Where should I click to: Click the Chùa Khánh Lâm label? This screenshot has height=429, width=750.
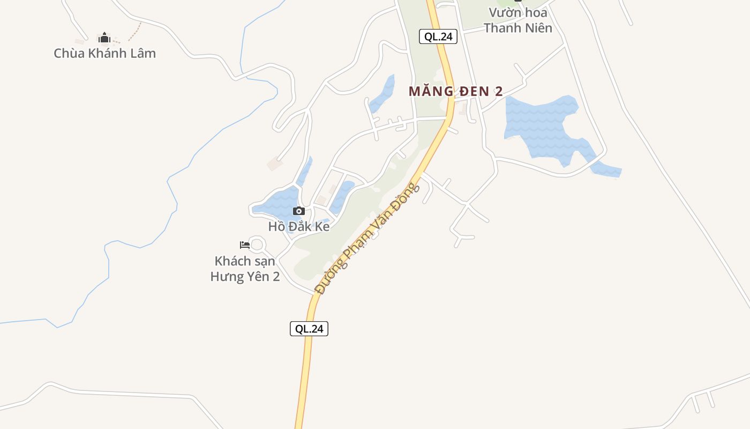[x=104, y=53]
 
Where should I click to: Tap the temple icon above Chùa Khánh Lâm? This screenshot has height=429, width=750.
[x=104, y=38]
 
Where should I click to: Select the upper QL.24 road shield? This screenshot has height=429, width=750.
[x=438, y=36]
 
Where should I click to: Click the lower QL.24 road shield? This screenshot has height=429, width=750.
[x=309, y=329]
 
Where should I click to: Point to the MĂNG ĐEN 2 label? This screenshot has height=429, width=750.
[x=455, y=91]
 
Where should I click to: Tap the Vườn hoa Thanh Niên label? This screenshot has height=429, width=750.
[x=517, y=20]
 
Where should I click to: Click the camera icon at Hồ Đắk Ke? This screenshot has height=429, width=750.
[x=299, y=211]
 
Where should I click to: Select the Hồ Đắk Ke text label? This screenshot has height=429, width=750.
[x=299, y=226]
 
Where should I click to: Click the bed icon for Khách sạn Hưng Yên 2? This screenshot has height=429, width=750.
[x=245, y=245]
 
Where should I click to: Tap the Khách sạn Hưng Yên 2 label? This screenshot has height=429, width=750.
[x=245, y=269]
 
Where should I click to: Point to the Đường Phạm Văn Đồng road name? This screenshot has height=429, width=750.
[x=366, y=239]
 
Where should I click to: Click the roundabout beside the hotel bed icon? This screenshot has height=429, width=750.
[x=258, y=245]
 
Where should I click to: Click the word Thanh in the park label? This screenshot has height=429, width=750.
[x=504, y=28]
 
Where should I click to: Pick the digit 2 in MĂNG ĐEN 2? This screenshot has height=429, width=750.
[x=498, y=91]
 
